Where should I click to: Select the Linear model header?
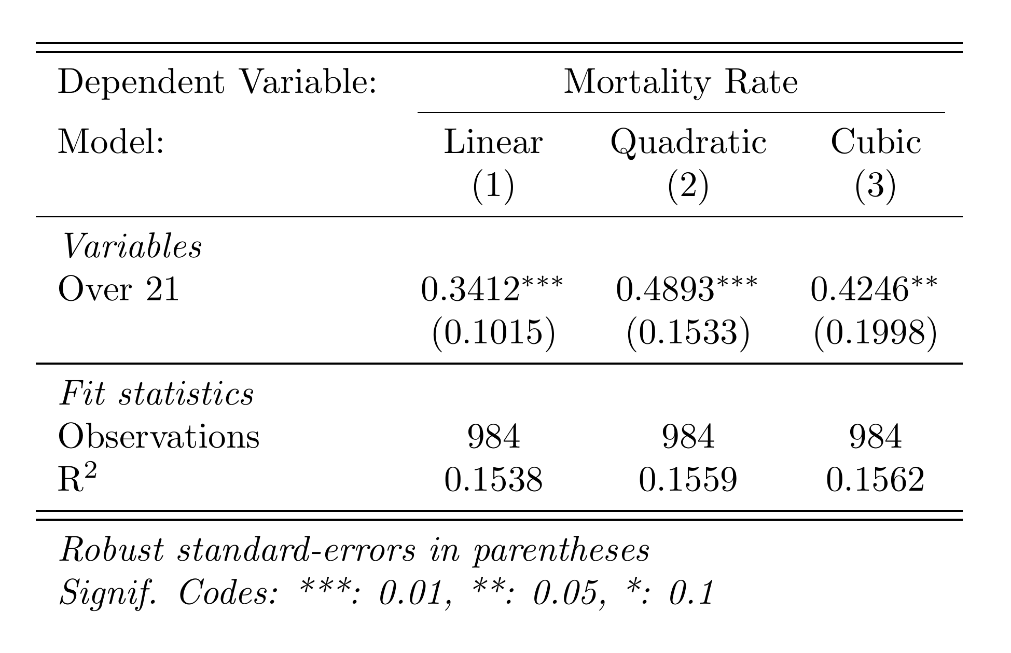click(x=493, y=143)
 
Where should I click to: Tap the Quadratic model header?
click(x=688, y=143)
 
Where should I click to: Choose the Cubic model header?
click(x=876, y=143)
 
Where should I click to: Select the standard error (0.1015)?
click(x=493, y=333)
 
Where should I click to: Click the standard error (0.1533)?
click(x=688, y=333)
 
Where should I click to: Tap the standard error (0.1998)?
click(x=876, y=333)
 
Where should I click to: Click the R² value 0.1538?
click(x=493, y=480)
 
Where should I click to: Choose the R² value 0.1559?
click(x=688, y=480)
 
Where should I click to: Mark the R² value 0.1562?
click(x=876, y=480)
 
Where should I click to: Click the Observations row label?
click(x=158, y=437)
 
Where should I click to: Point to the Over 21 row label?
click(x=118, y=289)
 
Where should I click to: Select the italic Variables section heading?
click(x=131, y=247)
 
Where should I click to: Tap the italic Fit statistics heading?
click(x=156, y=394)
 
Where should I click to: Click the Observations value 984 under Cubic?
click(x=876, y=437)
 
